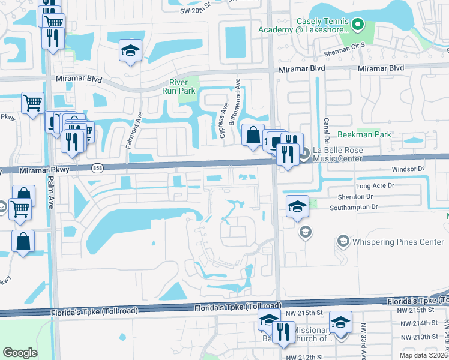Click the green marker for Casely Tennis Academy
point(358,25)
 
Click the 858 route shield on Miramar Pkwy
point(97,169)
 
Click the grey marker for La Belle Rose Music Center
point(304,154)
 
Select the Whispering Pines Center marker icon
point(343,241)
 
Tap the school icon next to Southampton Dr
point(297,206)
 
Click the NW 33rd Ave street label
point(363,342)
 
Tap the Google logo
point(20,353)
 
